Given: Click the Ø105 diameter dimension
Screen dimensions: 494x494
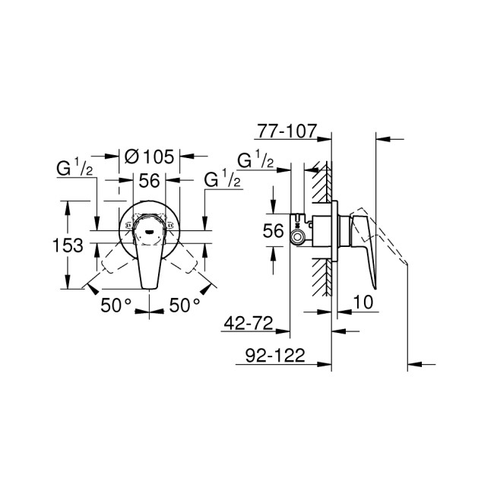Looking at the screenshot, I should [149, 157].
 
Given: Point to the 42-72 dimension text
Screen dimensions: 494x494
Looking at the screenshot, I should [249, 325].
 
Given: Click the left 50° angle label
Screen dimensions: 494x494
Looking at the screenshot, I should [116, 306].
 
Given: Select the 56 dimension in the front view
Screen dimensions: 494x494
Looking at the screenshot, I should [149, 180].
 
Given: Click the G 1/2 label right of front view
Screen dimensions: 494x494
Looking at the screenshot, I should [222, 180].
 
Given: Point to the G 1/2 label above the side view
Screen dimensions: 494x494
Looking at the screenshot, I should [256, 160].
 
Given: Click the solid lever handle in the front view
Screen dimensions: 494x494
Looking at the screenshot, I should [148, 262].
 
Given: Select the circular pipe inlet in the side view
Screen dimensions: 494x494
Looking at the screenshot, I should [297, 238].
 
